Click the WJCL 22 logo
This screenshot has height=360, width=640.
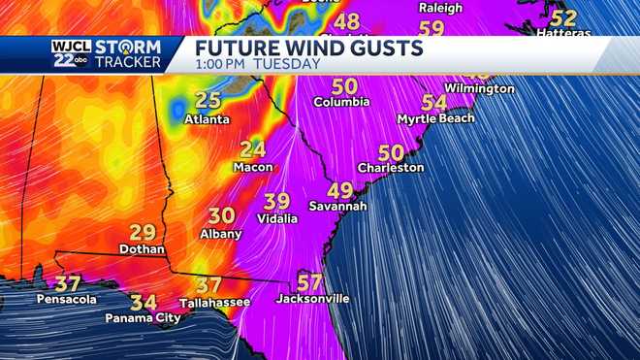coord(71,54)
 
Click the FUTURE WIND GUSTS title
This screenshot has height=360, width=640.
coord(308,48)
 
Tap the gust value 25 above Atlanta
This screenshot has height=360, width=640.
coord(208,101)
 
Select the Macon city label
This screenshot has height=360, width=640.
coord(253,167)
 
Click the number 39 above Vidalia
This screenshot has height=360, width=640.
coord(276,202)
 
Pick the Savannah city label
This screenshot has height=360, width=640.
coord(337,207)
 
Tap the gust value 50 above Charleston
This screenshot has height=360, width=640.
coord(391,153)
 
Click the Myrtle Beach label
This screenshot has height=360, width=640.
coord(436,118)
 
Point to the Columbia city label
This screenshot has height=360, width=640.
coord(341,102)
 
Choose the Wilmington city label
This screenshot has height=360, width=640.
coord(479,88)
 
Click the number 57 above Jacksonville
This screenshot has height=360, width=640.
coord(309,282)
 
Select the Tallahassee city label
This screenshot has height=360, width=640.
coord(214,303)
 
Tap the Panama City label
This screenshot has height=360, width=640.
coord(144,317)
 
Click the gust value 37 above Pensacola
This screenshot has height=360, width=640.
coord(67,284)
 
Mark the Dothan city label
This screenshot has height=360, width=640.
coord(143,249)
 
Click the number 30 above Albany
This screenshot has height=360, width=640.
coord(221,216)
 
